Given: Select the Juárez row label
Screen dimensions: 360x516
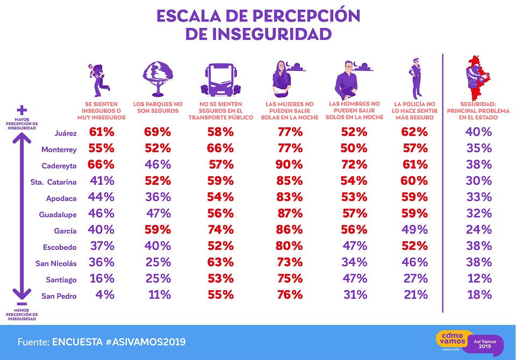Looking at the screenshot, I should pos(66,132).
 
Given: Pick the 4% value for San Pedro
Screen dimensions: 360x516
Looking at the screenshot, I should pos(105,295).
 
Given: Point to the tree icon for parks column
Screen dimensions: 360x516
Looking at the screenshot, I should pos(157,77).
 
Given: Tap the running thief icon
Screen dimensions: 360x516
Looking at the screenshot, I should pos(98,77).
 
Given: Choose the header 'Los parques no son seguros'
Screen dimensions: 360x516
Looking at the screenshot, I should pos(157,106).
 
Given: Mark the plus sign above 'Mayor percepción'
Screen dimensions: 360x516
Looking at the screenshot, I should pos(22,108).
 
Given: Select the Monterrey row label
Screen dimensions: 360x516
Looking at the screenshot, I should pos(59,149).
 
